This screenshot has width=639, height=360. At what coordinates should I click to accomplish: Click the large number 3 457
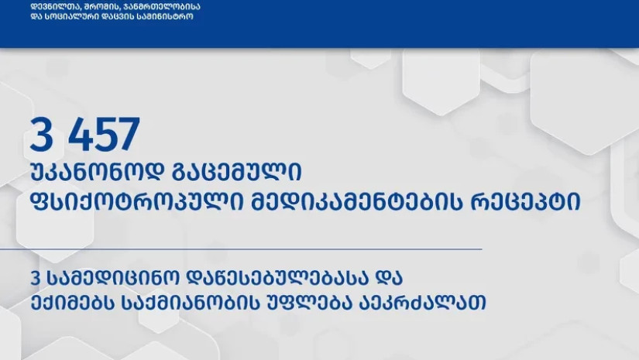[x=84, y=134]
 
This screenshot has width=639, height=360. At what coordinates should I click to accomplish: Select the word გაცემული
[x=237, y=171]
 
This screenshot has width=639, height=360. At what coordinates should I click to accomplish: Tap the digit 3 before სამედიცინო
[x=36, y=278]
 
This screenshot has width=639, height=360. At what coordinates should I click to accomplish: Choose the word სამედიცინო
[x=113, y=278]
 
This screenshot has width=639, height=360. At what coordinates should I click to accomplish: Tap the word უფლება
[x=308, y=303]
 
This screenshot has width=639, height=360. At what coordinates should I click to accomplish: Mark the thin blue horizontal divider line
[x=241, y=249]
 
